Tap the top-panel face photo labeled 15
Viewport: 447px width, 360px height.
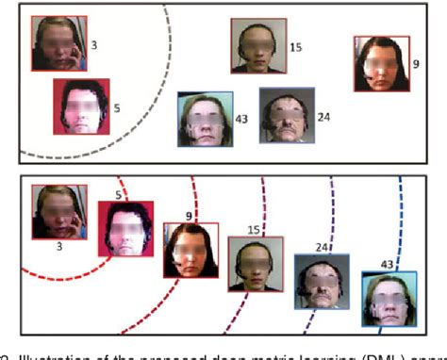tap(257, 45)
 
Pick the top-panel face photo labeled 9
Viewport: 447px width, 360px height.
tap(382, 63)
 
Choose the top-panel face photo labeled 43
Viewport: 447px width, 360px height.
tap(205, 119)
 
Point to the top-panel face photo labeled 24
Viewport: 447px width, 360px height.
tap(286, 115)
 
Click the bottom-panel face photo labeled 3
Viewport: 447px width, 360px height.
tap(58, 211)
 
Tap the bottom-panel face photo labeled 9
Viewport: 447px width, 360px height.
tap(190, 250)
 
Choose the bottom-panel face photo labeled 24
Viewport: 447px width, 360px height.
tap(322, 282)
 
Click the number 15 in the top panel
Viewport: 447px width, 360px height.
tap(296, 46)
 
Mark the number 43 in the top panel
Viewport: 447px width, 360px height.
tap(242, 119)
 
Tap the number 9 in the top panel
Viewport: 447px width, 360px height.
tap(416, 63)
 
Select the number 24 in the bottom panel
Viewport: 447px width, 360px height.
tap(321, 247)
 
